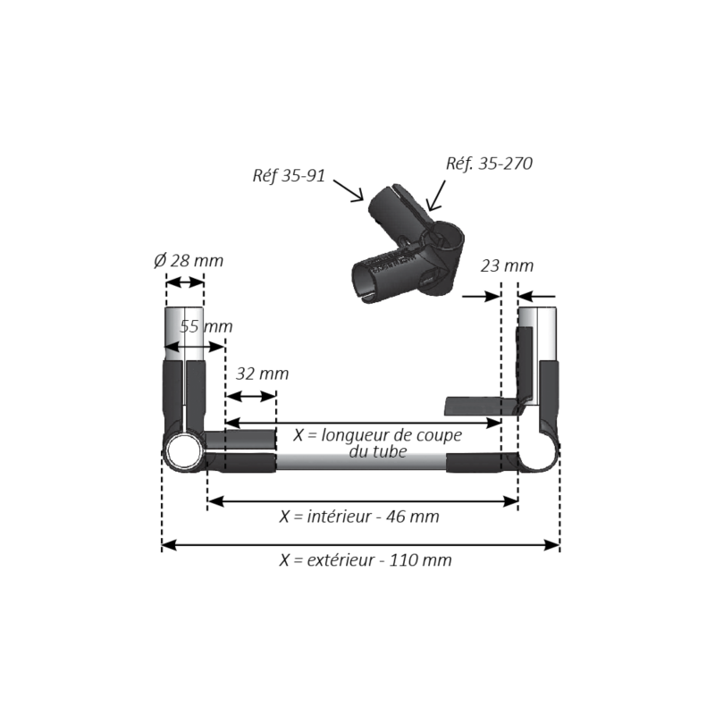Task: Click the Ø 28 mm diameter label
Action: [x=188, y=261]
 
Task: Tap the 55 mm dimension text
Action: [x=206, y=326]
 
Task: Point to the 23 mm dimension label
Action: [x=507, y=265]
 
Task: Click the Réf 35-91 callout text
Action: [x=289, y=175]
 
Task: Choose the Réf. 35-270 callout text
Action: [x=489, y=164]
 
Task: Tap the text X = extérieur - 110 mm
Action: [x=366, y=560]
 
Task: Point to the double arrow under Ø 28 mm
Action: [x=185, y=282]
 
